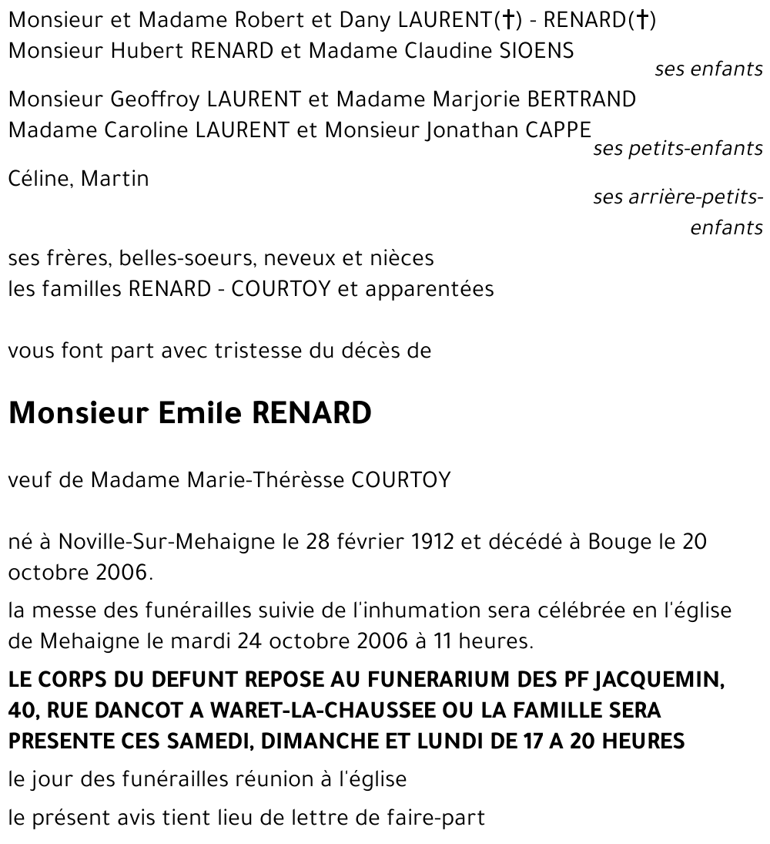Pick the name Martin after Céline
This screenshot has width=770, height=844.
(x=115, y=179)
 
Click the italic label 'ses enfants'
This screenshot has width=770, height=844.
(x=708, y=69)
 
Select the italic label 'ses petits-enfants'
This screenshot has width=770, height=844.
(x=678, y=149)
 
